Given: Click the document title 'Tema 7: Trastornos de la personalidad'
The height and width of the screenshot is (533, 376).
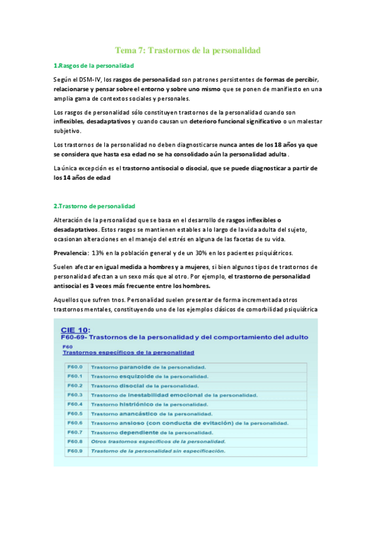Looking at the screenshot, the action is (188, 50).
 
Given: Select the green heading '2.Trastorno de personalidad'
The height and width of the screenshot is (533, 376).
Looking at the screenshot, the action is (94, 206).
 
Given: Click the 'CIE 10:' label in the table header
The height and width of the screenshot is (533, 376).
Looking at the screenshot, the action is (76, 329).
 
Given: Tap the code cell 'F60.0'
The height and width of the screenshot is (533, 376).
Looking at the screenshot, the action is (75, 366).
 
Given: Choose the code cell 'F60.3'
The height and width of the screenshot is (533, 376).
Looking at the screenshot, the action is (75, 395).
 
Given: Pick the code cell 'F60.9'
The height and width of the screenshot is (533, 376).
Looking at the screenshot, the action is (75, 451).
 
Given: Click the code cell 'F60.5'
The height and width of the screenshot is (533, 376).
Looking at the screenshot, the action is (75, 414).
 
